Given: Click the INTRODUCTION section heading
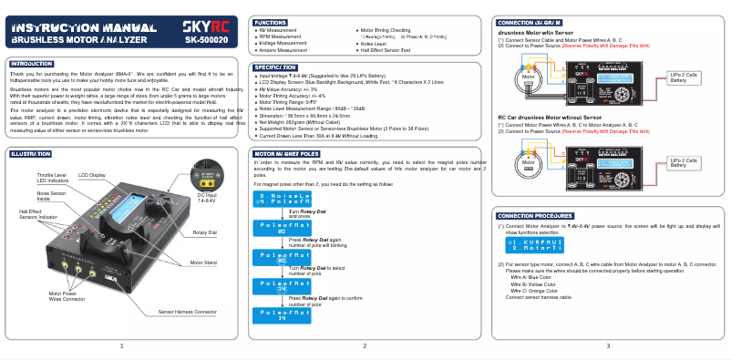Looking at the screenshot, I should click(32, 64).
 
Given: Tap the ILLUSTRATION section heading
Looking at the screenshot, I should click(31, 154).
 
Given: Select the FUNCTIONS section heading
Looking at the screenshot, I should click(271, 21).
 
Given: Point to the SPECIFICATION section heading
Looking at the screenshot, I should click(276, 67).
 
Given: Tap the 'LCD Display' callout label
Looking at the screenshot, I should click(92, 174).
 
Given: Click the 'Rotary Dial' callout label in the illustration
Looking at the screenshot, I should click(205, 233).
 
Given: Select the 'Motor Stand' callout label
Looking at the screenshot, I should click(203, 262).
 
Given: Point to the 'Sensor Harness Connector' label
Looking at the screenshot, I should click(187, 312).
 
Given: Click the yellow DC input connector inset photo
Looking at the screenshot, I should click(206, 175).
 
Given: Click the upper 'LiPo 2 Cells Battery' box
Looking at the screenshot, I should click(684, 77).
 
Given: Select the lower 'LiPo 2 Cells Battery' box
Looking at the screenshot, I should click(684, 162).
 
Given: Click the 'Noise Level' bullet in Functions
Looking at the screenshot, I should click(374, 44).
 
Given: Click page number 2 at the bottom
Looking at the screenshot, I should click(365, 345).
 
